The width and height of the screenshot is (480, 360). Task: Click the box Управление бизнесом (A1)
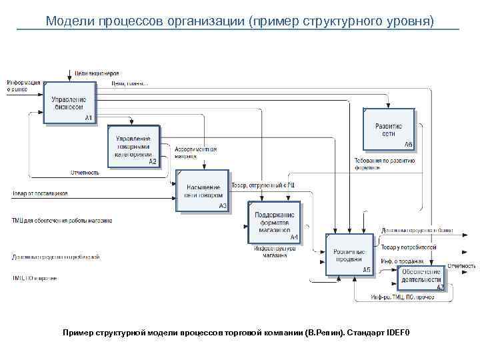69,101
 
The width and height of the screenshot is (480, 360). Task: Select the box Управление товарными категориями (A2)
133,146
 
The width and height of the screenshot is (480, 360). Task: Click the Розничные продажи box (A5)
349,255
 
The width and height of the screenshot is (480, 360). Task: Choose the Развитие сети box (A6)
389,129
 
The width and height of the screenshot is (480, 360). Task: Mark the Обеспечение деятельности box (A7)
421,276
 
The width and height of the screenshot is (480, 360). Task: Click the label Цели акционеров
97,73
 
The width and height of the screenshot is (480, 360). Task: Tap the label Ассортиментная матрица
195,153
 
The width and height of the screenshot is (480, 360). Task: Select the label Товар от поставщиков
39,194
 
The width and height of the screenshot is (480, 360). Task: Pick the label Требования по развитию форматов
384,164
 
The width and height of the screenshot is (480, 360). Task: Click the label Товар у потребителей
409,247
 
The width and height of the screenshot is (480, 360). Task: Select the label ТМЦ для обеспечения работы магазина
61,220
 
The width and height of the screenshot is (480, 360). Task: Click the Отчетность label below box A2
85,173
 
